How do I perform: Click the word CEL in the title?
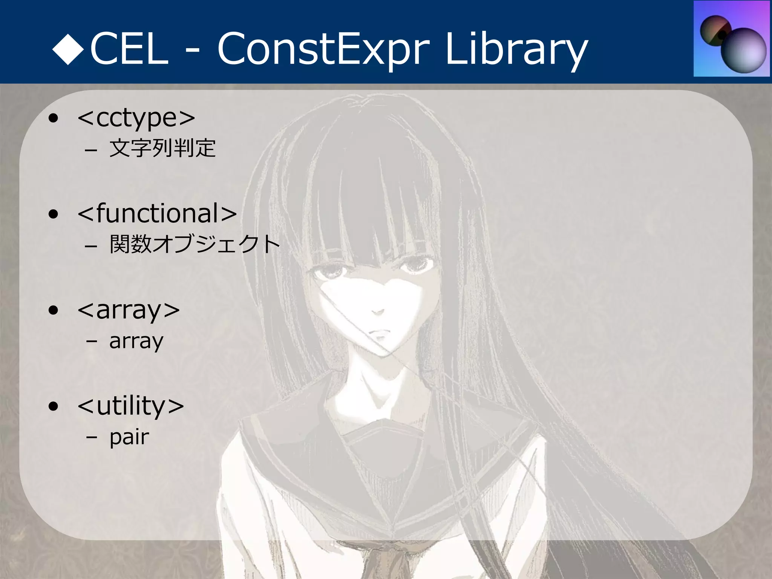click(129, 49)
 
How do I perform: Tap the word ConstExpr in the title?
click(323, 49)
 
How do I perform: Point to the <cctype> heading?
click(136, 118)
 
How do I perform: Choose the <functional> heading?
click(157, 213)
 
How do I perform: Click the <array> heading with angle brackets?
click(129, 310)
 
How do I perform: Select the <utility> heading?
click(130, 406)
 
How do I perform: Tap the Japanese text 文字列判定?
click(162, 148)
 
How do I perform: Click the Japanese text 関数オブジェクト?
click(195, 244)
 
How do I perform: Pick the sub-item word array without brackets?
click(136, 342)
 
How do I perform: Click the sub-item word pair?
click(129, 437)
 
